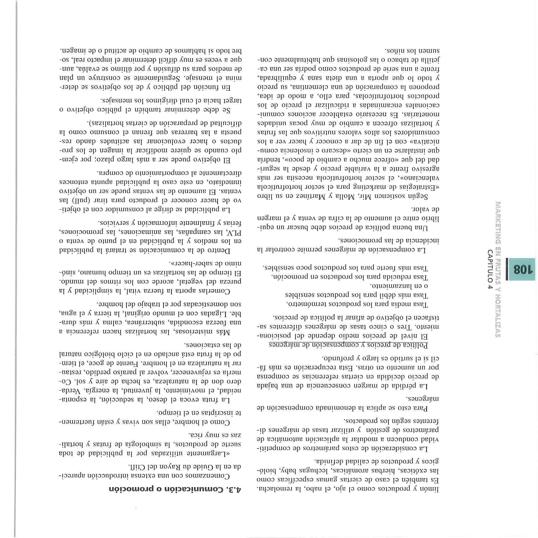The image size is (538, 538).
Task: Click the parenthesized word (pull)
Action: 84,200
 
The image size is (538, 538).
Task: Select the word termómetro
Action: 303,304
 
